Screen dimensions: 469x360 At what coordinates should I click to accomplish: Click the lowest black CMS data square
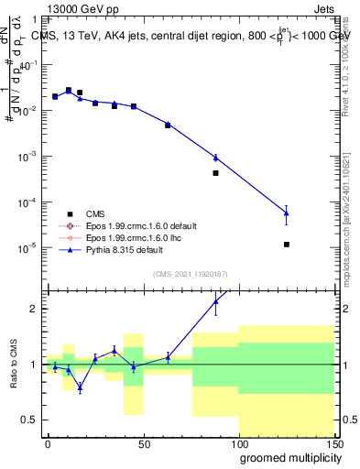click(x=287, y=245)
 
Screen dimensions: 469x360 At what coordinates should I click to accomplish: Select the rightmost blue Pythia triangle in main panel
click(x=287, y=213)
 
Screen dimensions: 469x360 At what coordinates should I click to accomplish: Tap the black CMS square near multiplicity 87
click(x=215, y=172)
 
